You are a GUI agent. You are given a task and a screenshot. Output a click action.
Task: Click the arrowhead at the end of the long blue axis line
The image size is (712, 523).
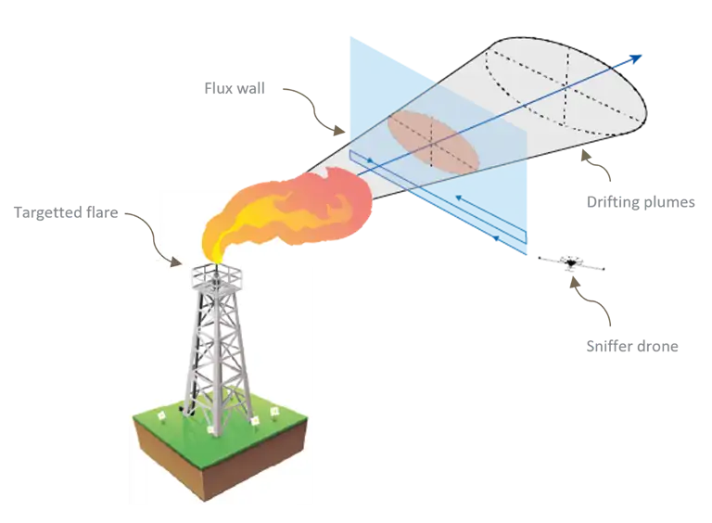point(637,58)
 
